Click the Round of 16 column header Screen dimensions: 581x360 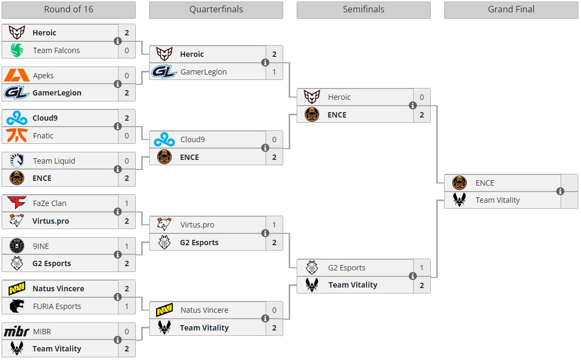pos(69,10)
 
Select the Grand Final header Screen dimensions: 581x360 pos(511,10)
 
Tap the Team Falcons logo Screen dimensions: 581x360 pos(17,50)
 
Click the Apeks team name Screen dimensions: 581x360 pos(43,76)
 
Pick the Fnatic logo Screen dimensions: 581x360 pos(17,135)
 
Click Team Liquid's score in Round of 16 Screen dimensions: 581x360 pos(127,161)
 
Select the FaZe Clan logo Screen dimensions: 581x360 pos(17,202)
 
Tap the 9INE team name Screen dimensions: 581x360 pos(41,246)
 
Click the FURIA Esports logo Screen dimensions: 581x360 pos(17,306)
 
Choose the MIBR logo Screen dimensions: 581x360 pos(17,331)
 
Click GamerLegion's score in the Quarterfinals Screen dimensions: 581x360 pos(274,72)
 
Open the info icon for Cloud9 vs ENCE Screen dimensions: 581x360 pos(266,148)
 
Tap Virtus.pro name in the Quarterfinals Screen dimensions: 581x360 pos(197,225)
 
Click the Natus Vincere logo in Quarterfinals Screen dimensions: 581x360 pos(164,310)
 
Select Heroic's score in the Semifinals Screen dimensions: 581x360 pos(422,97)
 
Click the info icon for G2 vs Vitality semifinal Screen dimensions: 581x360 pos(413,276)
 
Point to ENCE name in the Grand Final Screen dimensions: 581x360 pos(484,183)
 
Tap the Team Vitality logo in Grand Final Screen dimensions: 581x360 pos(459,200)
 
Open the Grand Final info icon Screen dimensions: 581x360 pos(560,192)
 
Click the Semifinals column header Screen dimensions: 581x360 pos(364,10)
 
